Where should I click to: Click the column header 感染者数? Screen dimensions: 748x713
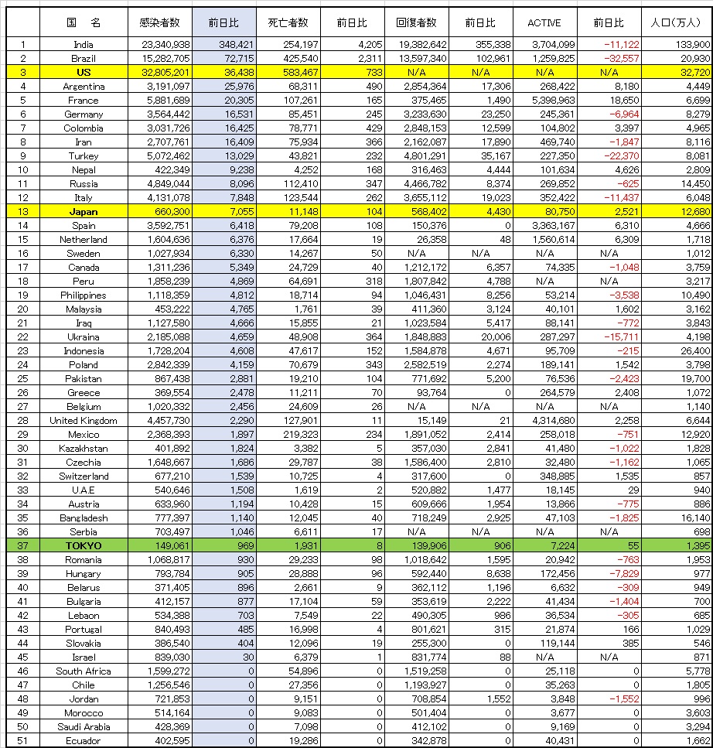click(159, 22)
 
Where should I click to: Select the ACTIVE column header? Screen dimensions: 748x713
click(544, 22)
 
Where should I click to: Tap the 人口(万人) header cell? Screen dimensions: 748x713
click(681, 22)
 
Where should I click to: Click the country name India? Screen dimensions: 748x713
click(83, 45)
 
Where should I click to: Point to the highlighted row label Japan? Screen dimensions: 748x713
click(83, 212)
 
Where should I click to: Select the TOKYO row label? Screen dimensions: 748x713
click(83, 546)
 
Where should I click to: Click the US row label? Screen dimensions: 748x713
click(83, 73)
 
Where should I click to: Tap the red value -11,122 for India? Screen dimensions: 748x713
click(618, 45)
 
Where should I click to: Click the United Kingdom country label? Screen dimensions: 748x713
click(83, 421)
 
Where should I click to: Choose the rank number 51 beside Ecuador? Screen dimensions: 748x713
click(22, 741)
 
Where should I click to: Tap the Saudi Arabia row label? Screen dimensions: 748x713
click(83, 727)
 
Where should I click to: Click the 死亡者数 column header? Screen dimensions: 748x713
click(285, 22)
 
